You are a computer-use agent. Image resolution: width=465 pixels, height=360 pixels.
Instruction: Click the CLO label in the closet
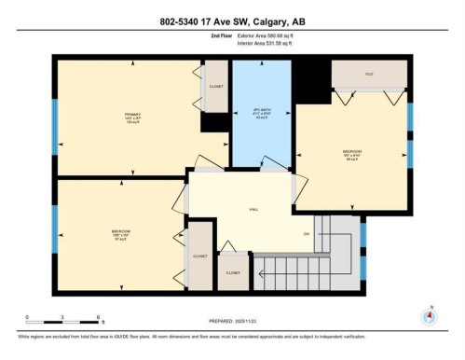pyautogui.click(x=369, y=74)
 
